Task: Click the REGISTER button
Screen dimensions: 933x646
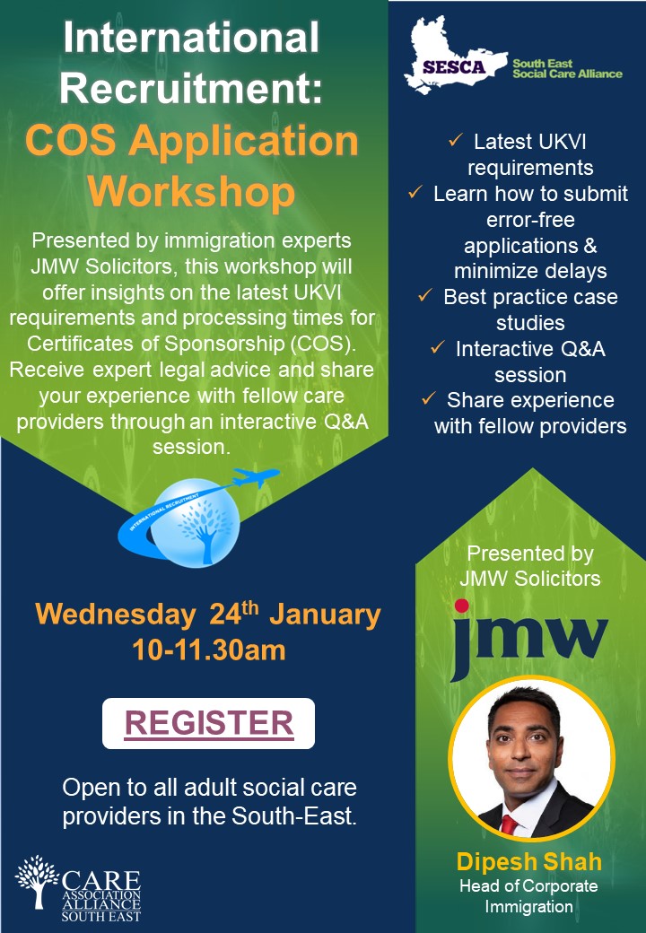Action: coord(208,723)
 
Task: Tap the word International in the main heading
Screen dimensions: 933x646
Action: coord(193,39)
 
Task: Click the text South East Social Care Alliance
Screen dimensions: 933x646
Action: coord(566,68)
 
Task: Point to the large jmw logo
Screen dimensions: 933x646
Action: coord(529,641)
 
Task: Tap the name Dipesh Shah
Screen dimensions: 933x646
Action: coord(529,863)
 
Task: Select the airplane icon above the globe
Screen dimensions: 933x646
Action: coord(256,477)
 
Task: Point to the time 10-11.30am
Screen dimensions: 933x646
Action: coord(208,649)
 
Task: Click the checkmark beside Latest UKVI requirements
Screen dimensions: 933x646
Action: coord(455,142)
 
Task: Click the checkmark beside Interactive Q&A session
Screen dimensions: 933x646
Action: coord(437,348)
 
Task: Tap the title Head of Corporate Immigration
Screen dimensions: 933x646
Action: coord(529,896)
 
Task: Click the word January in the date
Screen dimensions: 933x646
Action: coord(325,615)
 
